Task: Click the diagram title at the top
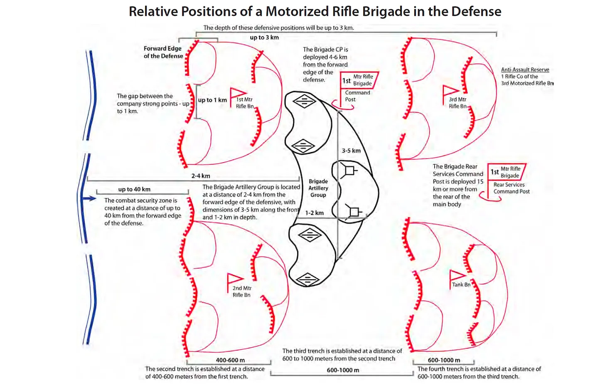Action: (315, 12)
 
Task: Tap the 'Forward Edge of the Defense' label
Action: (163, 52)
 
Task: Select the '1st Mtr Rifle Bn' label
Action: (244, 103)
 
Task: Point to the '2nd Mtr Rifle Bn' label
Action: (242, 292)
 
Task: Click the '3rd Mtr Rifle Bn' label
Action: (457, 103)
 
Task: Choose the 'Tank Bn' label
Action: (461, 285)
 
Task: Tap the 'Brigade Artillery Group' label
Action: (318, 188)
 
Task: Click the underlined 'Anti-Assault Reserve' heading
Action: (525, 69)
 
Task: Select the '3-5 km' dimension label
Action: (351, 151)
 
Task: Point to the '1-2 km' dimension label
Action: (315, 213)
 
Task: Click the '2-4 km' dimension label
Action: (201, 176)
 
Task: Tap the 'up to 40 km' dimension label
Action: (134, 189)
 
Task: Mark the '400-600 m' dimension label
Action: (230, 360)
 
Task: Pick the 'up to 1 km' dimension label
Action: (212, 100)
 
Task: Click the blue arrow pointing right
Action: (89, 199)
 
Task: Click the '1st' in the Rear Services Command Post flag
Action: (494, 172)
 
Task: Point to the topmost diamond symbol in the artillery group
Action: (305, 102)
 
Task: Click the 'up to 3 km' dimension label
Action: (264, 37)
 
